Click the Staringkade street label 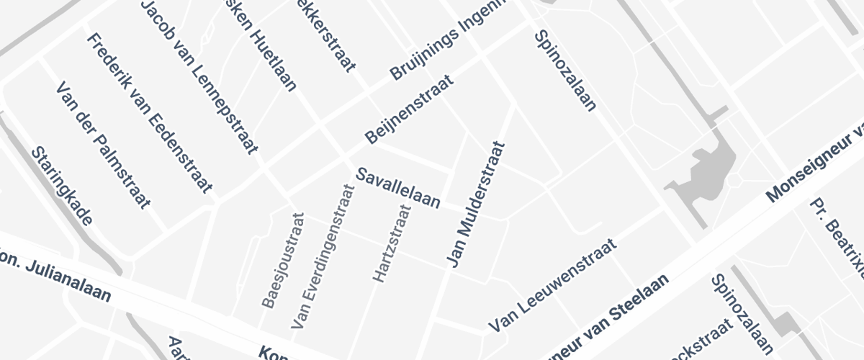(63, 187)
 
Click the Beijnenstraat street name (410, 108)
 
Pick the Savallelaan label (398, 188)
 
